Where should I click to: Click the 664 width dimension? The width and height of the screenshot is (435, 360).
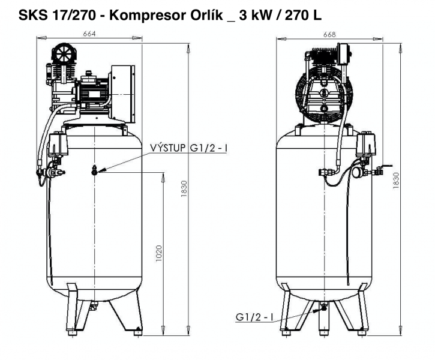(x=89, y=34)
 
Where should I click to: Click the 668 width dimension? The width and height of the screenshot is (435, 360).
(x=329, y=34)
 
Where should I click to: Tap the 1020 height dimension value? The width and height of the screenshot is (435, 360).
(x=158, y=253)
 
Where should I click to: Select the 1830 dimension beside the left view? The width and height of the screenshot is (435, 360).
(x=184, y=189)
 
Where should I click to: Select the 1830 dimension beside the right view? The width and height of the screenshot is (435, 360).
(x=396, y=181)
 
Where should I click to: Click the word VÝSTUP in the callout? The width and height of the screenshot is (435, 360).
(x=168, y=148)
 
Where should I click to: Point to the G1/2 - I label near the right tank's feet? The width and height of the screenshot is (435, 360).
(x=254, y=317)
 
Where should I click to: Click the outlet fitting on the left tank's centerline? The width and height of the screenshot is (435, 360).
(x=94, y=170)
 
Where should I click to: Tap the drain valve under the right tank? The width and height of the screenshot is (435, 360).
(x=323, y=307)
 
